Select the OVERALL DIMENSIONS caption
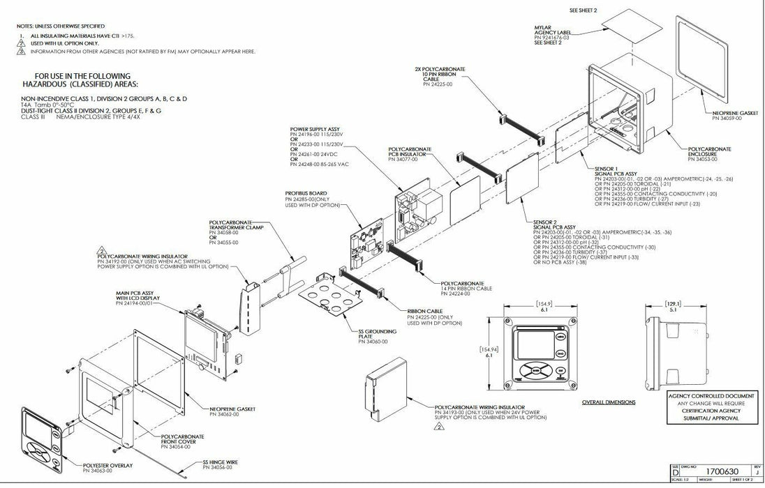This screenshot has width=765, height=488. pos(609,402)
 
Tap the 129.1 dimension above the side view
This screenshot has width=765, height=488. pos(673,304)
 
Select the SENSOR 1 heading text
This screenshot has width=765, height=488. pos(607,169)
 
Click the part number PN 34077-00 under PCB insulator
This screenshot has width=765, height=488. pos(405,160)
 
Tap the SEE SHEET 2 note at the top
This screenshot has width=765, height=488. pos(583,11)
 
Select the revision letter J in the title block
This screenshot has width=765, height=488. pos(757,471)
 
